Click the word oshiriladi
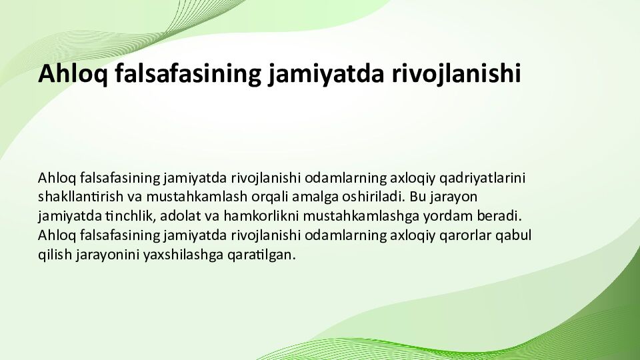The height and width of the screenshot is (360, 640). tap(371, 197)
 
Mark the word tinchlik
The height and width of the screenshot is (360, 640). tap(129, 217)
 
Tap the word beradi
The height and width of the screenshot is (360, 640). tap(501, 217)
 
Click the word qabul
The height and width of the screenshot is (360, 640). tap(514, 235)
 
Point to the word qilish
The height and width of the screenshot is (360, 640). tap(54, 255)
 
